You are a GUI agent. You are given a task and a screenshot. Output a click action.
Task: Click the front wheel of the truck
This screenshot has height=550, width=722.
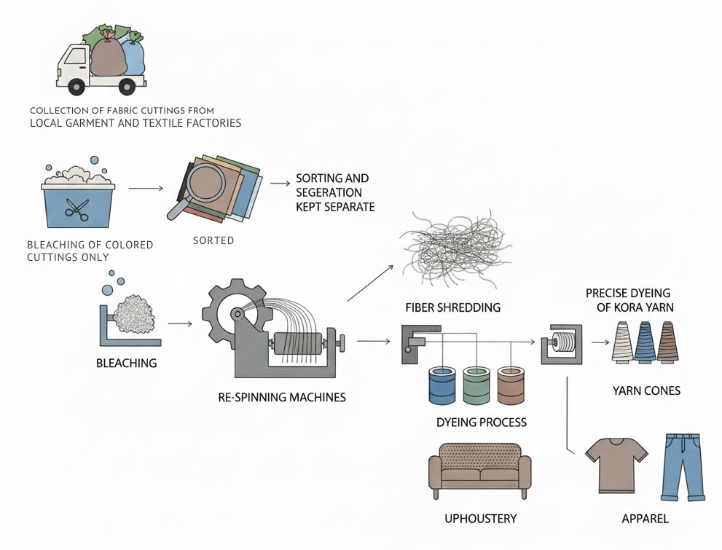(x=76, y=87)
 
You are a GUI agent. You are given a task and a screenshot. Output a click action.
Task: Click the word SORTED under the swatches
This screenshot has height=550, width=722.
(x=213, y=240)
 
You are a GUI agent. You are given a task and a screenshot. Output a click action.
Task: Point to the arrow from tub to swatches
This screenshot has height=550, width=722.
(x=146, y=189)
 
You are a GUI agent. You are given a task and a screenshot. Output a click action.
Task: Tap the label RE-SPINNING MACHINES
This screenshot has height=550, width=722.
(x=282, y=398)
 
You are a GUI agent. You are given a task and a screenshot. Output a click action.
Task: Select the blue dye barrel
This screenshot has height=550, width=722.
(x=443, y=386)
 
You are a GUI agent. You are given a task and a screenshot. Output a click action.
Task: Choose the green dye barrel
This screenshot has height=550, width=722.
(x=476, y=386)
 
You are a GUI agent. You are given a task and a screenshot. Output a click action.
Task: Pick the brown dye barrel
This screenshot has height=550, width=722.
(x=511, y=386)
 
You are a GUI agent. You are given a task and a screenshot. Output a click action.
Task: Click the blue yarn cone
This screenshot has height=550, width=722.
(x=646, y=342)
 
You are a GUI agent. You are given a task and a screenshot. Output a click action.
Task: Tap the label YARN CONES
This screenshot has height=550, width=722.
(x=646, y=391)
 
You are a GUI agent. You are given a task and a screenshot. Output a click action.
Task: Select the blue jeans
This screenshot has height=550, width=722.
(x=683, y=466)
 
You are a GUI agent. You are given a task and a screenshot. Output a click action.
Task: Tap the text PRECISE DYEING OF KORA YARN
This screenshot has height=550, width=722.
(x=630, y=300)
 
